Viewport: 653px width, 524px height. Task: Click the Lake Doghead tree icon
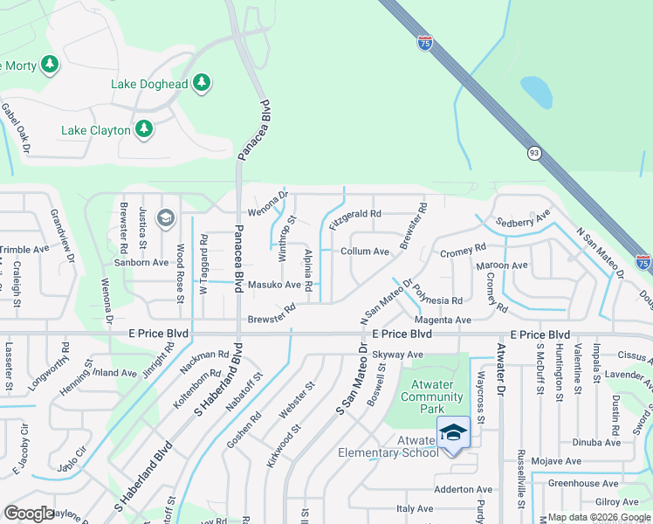pos(203,84)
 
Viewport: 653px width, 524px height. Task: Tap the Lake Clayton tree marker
pos(144,130)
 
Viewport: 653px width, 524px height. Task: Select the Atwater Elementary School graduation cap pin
pos(453,432)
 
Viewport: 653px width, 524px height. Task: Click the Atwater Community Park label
pos(431,403)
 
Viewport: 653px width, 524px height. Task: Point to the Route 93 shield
pos(533,153)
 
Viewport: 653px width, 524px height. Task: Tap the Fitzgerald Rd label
pos(355,213)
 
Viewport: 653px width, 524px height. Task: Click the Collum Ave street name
pos(364,252)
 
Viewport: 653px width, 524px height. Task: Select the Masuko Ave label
pos(274,285)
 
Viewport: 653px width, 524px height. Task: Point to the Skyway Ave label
pos(397,355)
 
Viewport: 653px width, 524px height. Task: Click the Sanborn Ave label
pos(141,262)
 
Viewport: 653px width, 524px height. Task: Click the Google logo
pos(29,514)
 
